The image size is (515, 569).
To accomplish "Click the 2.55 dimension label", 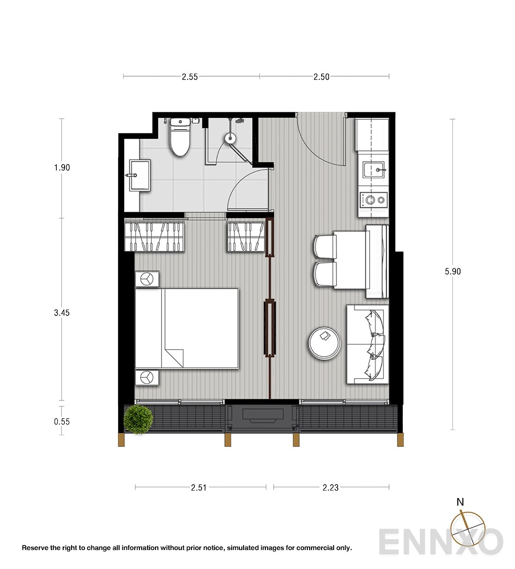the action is point(190,77).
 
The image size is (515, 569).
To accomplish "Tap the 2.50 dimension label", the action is point(322,77).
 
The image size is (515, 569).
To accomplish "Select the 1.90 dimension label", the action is point(62,168).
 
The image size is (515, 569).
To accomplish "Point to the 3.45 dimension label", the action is point(62,313).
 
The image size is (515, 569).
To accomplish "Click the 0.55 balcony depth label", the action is point(62,422).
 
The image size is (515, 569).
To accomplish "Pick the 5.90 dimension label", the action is point(453,272).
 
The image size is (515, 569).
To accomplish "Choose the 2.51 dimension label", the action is point(198,488).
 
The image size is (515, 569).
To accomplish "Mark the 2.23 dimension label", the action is point(330,488).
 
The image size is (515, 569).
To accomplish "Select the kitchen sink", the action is point(374,170).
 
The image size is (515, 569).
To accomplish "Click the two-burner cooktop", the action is point(374,200).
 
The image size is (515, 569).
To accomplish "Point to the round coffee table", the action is point(324,343).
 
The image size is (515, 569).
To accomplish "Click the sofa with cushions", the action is point(367,345).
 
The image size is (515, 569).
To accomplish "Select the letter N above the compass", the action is point(460,502).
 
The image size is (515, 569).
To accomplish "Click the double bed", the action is point(187,328).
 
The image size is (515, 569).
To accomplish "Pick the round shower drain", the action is point(230,139).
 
